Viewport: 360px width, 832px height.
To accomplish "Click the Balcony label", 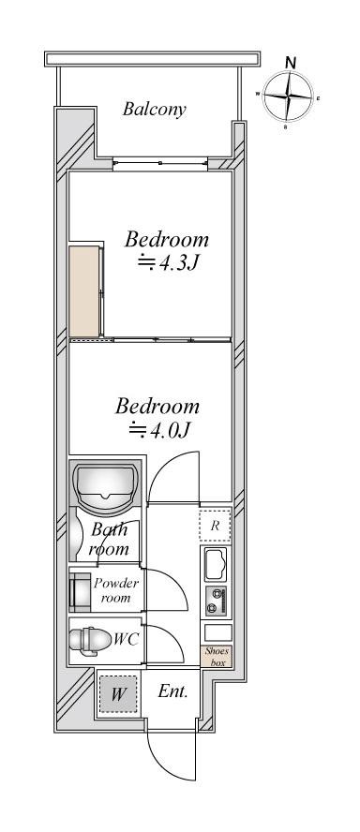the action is pos(154,110).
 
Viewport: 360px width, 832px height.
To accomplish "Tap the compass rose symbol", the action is pos(287,97).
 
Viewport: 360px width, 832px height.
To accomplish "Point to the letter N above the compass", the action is pos(290,62).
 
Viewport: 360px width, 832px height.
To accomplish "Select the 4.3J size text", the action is pos(168,262).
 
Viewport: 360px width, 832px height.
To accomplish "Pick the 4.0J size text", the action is pos(159,430).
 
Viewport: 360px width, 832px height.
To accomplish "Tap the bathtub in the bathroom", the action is pos(106,483).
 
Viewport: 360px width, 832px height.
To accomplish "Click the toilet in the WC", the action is pos(90,640).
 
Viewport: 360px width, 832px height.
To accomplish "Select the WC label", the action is pos(126,640).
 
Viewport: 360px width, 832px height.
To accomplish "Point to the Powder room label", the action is pos(116,590).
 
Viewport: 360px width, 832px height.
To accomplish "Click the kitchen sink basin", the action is pos(216,564).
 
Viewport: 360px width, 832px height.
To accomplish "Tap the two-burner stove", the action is pos(217,602).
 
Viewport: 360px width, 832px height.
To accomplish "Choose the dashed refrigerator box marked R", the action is pos(215,526).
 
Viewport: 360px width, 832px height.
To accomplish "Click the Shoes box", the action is pos(217,657).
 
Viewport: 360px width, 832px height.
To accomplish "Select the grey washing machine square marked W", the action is pos(118,694).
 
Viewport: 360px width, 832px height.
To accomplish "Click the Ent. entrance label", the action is pos(172,691).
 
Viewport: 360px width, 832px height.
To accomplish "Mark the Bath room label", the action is pos(110,539).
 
